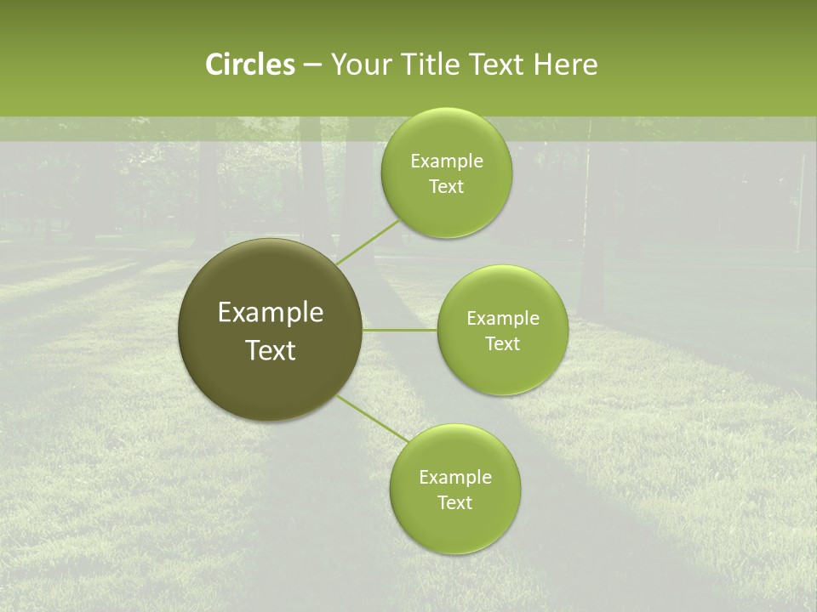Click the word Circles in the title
(x=249, y=65)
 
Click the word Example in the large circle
(x=271, y=313)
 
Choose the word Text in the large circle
(x=271, y=350)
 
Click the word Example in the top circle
(x=447, y=161)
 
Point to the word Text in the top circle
(x=446, y=187)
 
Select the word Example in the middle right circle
(x=503, y=319)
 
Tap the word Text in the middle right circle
(x=502, y=344)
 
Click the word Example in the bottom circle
(x=455, y=478)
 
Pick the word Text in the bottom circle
(x=454, y=503)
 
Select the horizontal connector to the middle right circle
(x=400, y=330)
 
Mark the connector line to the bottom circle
(x=373, y=419)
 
